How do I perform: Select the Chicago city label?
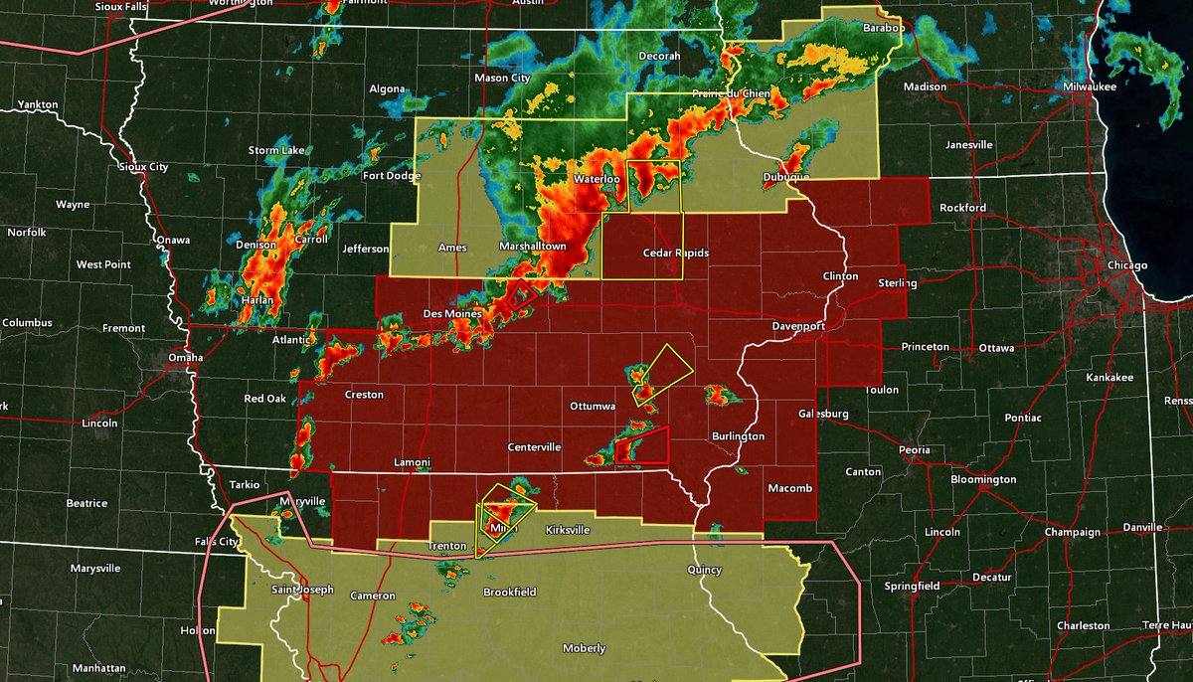(1127, 265)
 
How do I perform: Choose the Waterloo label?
(597, 180)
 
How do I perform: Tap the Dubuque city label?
(786, 177)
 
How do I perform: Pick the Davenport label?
(798, 326)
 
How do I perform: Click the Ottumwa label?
(593, 407)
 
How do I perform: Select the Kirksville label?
(568, 531)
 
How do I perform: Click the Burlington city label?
(738, 436)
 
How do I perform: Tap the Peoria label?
(914, 450)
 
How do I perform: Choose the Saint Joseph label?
(303, 591)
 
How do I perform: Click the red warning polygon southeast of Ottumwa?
(643, 445)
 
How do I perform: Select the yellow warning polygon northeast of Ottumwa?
(662, 374)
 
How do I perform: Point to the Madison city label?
(925, 87)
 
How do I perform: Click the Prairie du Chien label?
(734, 94)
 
